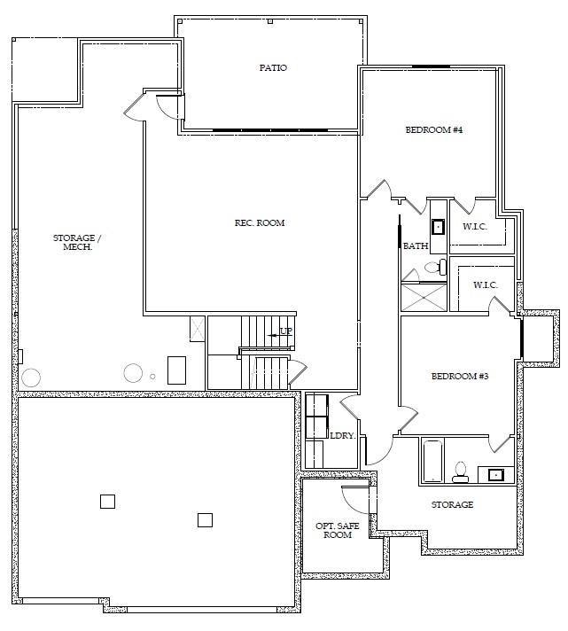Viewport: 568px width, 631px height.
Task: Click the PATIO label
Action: pos(273,68)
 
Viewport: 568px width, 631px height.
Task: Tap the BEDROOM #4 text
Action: pos(434,130)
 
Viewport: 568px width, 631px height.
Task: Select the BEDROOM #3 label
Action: pos(460,377)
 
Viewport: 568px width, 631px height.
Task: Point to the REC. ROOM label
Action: pos(260,222)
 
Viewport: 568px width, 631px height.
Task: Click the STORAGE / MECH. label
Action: pos(77,242)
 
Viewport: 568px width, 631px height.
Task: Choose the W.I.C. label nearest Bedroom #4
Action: pos(475,226)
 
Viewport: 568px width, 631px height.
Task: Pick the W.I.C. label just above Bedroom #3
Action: pos(485,284)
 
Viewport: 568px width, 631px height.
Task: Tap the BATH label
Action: pos(416,246)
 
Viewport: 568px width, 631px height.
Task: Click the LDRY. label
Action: pos(342,435)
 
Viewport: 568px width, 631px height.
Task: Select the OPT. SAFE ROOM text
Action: pos(338,530)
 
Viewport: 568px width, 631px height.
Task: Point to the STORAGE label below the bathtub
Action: pos(452,504)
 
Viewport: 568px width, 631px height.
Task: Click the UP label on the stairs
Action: pos(285,331)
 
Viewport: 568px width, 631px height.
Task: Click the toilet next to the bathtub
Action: pos(461,471)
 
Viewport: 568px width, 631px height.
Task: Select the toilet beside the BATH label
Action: pos(434,266)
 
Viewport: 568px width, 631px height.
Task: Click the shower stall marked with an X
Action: pos(423,295)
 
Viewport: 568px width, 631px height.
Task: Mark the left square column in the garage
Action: pos(107,501)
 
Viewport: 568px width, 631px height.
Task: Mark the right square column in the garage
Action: pos(205,519)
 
